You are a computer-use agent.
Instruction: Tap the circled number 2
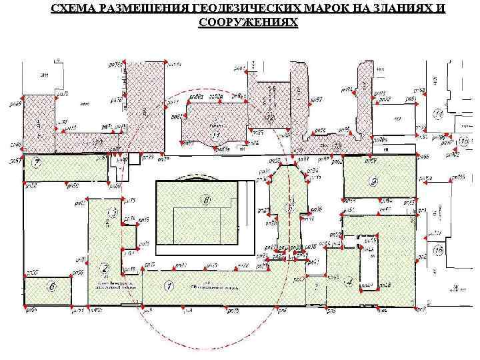[x=104, y=268]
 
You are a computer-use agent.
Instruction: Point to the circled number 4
[x=347, y=282]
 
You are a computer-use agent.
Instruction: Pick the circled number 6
[x=51, y=286]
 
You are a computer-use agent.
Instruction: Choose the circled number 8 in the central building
[x=207, y=199]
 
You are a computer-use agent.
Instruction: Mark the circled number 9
[x=374, y=181]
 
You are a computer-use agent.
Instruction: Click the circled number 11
[x=215, y=135]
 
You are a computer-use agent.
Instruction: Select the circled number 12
[x=269, y=117]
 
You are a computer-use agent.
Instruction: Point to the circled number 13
[x=99, y=142]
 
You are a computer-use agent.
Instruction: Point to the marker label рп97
[x=317, y=100]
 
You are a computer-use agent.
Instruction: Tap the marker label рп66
[x=425, y=156]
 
